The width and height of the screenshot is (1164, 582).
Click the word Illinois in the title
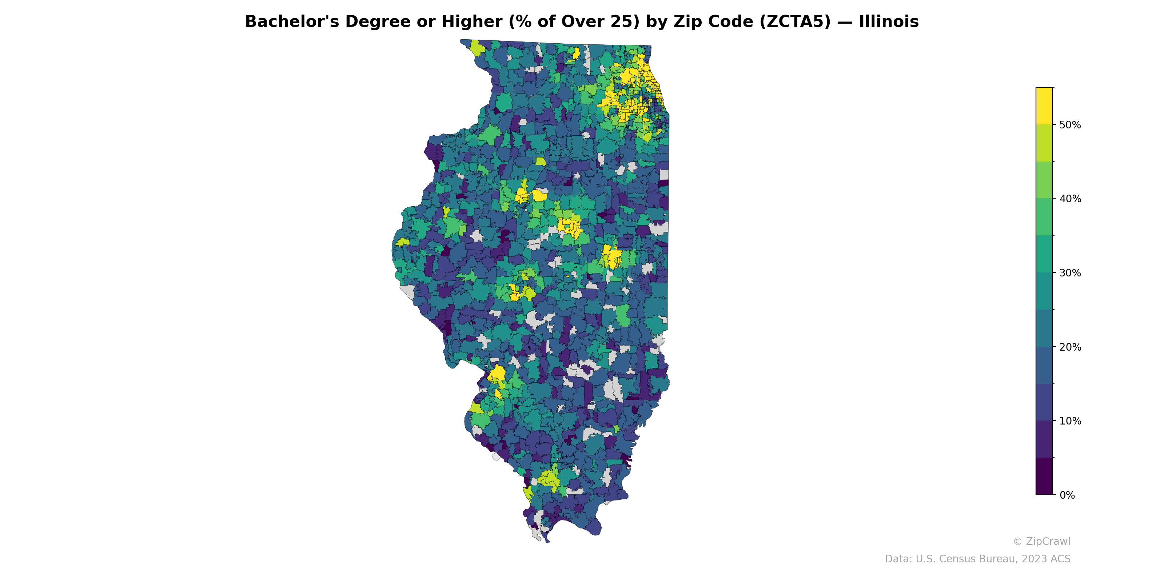888,22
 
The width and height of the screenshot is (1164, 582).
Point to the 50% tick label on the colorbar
1070,125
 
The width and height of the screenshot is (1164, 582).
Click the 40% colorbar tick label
1070,199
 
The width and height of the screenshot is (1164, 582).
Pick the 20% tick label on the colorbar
1070,347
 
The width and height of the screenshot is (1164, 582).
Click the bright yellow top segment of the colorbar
1044,106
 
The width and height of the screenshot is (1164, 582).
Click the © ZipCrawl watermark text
1041,542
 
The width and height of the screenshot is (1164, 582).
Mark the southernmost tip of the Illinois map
548,542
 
